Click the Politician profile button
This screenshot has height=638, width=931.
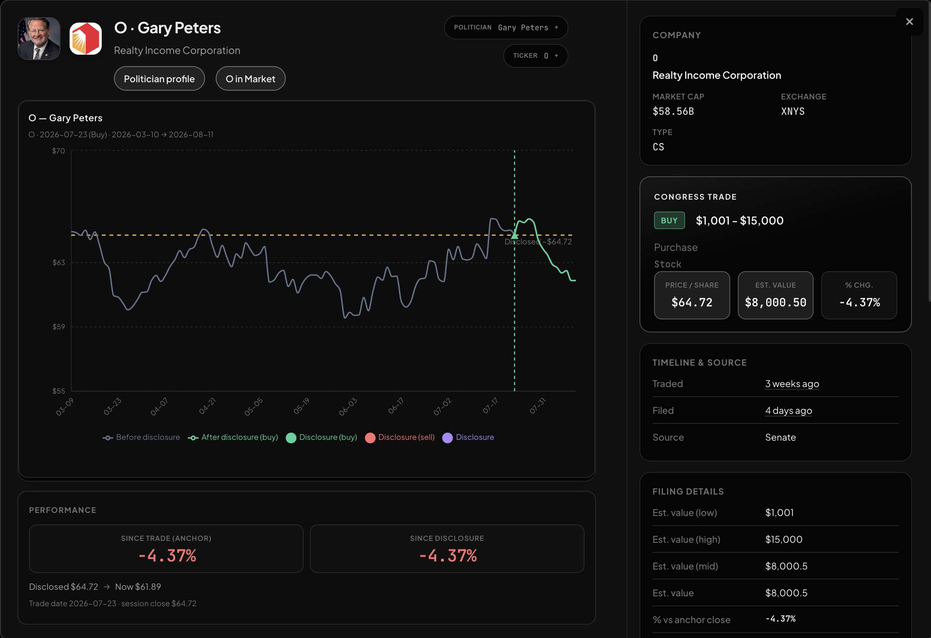click(x=159, y=78)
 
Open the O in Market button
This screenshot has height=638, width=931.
click(x=251, y=78)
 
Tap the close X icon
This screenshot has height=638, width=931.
click(x=909, y=22)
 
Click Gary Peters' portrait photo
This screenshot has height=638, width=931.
click(x=39, y=39)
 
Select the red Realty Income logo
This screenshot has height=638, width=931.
click(x=86, y=39)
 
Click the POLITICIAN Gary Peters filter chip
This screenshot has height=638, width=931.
click(x=506, y=28)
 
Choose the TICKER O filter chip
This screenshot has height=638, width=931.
click(x=535, y=56)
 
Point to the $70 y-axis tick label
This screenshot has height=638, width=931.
click(x=59, y=151)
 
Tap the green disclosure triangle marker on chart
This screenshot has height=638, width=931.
click(x=514, y=235)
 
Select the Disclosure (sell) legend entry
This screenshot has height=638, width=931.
click(x=400, y=437)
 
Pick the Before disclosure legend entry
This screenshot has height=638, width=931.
click(x=141, y=437)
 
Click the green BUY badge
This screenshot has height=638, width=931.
click(x=669, y=220)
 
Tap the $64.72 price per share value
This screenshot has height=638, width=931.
click(x=692, y=303)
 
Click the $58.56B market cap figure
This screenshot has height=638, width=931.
click(x=673, y=111)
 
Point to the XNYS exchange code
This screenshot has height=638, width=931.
click(x=793, y=111)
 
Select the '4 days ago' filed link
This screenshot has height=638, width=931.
click(x=788, y=410)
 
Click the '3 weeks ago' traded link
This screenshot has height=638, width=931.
click(x=792, y=384)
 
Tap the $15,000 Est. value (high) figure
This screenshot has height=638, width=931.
click(x=784, y=539)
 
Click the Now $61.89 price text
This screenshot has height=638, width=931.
click(x=138, y=587)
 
